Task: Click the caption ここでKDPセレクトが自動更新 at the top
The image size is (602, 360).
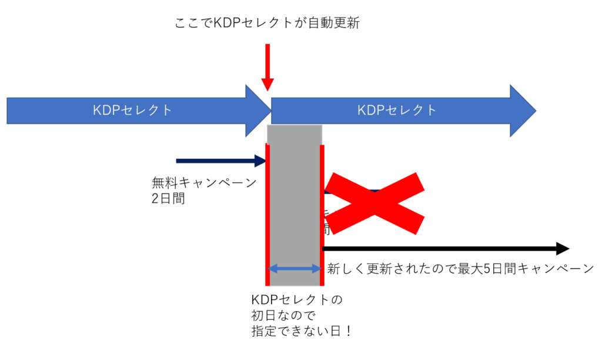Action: tap(267, 24)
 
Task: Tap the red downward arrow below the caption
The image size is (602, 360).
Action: tap(267, 67)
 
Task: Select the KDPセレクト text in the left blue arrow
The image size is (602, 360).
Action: tap(133, 110)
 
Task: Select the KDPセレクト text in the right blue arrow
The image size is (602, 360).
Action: tap(397, 110)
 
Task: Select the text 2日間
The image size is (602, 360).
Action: tap(168, 199)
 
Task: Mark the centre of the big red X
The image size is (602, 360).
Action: tap(374, 203)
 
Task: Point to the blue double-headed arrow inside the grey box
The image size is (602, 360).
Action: tap(295, 269)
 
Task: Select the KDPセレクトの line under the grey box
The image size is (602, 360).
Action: tap(296, 299)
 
